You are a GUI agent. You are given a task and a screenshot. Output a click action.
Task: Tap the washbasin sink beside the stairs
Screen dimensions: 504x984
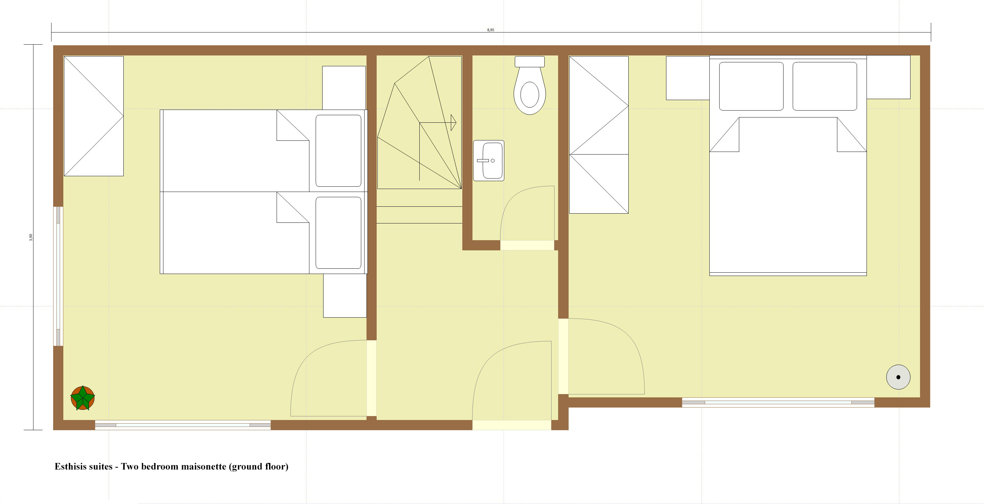click(489, 160)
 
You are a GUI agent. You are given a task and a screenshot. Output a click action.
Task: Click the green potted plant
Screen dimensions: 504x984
click(82, 398)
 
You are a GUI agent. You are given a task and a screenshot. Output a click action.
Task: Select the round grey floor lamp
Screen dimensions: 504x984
click(898, 377)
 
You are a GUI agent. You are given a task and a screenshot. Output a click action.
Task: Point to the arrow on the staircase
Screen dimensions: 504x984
click(453, 123)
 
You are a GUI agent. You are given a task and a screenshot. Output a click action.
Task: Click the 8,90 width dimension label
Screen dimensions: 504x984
click(491, 30)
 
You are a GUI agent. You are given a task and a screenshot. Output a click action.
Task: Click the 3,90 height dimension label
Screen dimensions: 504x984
click(31, 237)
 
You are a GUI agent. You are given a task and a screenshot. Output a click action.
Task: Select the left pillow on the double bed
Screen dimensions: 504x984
click(751, 86)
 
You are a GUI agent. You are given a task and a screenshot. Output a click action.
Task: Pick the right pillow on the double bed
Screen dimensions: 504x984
click(825, 86)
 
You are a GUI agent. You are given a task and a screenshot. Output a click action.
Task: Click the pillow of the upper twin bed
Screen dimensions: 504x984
click(338, 151)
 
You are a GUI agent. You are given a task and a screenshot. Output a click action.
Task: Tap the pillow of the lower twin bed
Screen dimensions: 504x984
click(338, 233)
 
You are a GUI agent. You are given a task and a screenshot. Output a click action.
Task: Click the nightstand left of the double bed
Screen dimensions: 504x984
click(688, 78)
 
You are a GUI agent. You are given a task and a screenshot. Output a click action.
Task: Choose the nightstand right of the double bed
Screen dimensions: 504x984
click(888, 77)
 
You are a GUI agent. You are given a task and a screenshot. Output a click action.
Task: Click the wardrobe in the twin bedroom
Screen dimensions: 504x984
click(94, 116)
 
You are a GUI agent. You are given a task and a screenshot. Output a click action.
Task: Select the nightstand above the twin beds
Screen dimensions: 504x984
click(344, 88)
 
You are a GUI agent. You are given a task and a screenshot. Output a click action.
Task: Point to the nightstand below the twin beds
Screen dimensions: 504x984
click(345, 295)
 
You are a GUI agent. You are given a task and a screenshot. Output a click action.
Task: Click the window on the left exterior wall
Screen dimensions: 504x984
click(58, 276)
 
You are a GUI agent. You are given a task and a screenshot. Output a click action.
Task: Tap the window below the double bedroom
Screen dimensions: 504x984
click(778, 402)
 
